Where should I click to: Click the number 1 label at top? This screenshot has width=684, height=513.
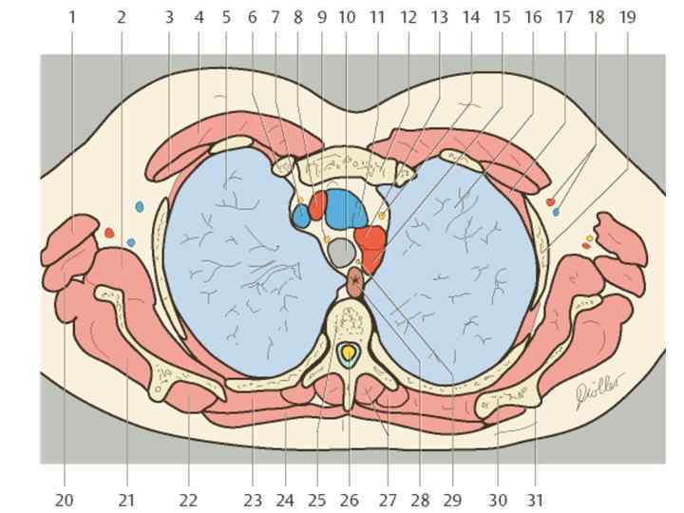tap(72, 17)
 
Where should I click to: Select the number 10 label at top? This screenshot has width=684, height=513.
tap(346, 17)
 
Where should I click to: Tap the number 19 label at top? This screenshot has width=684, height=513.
tap(627, 17)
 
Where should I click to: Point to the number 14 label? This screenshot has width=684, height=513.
tap(471, 17)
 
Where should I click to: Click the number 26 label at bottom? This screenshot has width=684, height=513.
tap(349, 500)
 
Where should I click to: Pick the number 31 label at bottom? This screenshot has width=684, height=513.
tap(535, 500)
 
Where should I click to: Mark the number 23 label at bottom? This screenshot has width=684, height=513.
tap(252, 500)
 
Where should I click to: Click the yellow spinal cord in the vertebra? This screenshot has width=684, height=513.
tap(349, 354)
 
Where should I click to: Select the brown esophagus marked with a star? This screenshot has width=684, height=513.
tap(355, 281)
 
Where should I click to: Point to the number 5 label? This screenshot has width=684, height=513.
tap(226, 17)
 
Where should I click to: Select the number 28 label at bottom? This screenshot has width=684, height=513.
tap(421, 500)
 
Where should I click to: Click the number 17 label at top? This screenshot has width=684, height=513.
tap(564, 17)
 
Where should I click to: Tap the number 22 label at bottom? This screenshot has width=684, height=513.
tap(188, 500)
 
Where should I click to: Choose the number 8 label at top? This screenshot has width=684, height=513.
tap(298, 17)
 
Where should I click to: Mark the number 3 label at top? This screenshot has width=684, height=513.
tap(169, 17)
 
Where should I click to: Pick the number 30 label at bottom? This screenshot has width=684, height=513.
tap(499, 500)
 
